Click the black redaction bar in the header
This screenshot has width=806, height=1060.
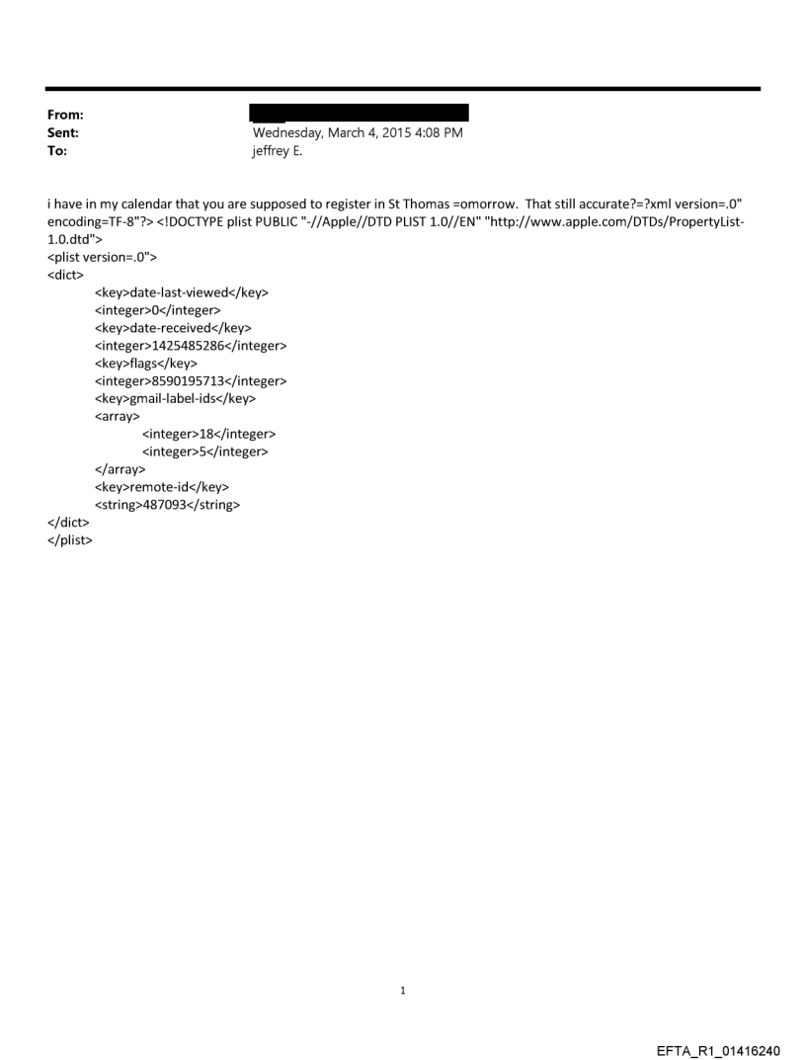click(x=360, y=112)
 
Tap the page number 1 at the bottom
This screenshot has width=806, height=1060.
click(x=403, y=990)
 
